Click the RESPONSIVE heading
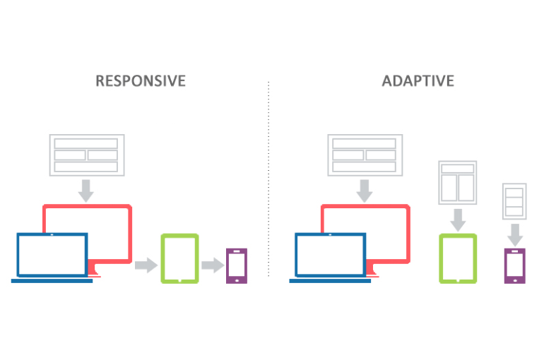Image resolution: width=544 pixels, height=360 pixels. point(141,80)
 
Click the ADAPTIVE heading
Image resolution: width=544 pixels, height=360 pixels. point(418,80)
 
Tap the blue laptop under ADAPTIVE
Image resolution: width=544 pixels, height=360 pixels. point(330,256)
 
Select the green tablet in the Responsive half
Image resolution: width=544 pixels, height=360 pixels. point(179,258)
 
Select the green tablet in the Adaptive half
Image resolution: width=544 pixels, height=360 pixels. point(458,258)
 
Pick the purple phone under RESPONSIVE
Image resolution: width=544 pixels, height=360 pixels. point(236,265)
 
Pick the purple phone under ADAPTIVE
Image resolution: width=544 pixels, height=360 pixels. point(514,265)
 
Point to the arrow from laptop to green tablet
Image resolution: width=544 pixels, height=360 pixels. point(146,265)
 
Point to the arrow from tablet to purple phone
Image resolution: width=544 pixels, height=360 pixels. point(212,265)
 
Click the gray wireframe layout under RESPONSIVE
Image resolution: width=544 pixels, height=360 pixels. point(86,155)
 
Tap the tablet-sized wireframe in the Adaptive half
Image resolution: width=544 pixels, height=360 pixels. point(458,181)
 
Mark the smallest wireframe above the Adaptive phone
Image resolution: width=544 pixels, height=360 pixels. point(514,200)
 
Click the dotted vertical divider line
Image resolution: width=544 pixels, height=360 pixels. point(268,176)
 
